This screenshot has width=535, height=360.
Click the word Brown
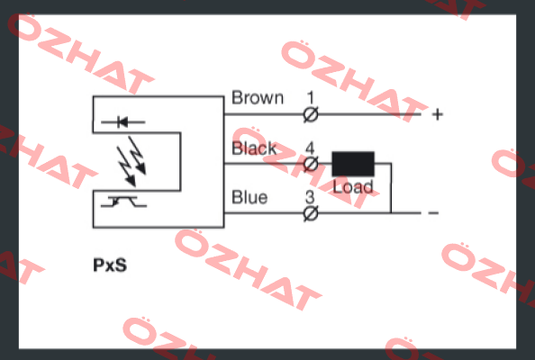click(258, 98)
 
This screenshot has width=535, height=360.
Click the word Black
click(254, 148)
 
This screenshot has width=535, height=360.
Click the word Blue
click(249, 197)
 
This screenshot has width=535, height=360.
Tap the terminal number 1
click(310, 98)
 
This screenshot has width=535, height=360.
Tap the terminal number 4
click(310, 148)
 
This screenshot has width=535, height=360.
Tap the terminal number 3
click(310, 197)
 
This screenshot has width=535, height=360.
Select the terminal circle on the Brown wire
click(311, 114)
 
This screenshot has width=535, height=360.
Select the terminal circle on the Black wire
click(311, 165)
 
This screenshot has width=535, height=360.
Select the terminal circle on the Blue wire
click(311, 214)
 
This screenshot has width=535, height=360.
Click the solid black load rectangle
click(353, 164)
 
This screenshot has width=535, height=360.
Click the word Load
click(353, 187)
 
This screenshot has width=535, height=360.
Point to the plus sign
click(438, 114)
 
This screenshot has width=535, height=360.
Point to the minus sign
click(433, 213)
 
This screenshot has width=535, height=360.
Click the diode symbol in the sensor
click(122, 121)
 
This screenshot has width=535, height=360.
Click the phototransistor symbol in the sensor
click(123, 202)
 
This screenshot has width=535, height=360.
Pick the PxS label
click(110, 265)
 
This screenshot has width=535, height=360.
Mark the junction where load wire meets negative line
click(391, 213)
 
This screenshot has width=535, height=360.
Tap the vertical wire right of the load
click(391, 188)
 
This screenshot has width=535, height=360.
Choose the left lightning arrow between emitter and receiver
click(127, 166)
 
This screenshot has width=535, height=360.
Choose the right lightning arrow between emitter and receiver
click(137, 156)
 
